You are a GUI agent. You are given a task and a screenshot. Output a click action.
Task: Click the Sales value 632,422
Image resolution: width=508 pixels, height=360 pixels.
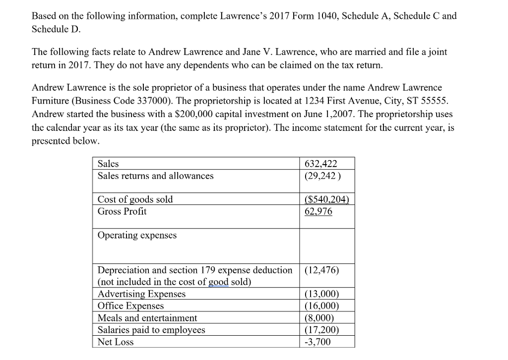(x=322, y=164)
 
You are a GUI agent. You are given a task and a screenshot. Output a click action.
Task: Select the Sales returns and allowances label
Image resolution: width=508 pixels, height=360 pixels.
(x=155, y=176)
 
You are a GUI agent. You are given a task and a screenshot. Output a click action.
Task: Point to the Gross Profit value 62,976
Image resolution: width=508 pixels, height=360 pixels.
(x=318, y=211)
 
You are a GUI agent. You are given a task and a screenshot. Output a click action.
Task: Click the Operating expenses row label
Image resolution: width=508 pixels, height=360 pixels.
(x=137, y=235)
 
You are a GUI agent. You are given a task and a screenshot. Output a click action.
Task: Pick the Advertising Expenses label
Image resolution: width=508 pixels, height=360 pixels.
(x=141, y=294)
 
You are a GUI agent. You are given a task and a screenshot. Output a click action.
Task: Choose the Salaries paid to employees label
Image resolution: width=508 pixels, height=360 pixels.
(x=151, y=330)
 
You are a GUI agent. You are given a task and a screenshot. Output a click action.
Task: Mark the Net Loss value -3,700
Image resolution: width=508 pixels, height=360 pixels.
(x=317, y=342)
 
